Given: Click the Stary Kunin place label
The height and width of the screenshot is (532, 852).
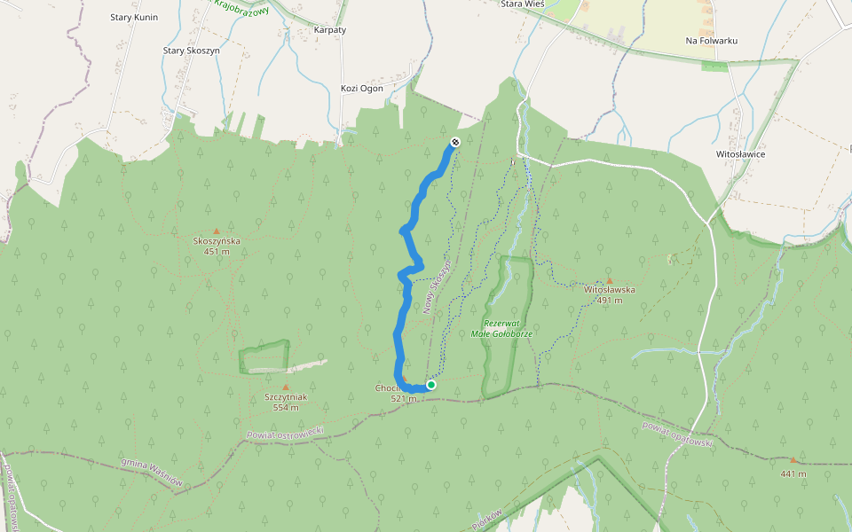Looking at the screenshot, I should (x=132, y=17).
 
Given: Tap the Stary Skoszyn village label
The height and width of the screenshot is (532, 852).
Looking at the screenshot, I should (x=191, y=51).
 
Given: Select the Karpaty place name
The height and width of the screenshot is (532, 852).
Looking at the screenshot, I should (x=330, y=29).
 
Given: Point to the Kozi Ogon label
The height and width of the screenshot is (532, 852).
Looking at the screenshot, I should (x=361, y=88).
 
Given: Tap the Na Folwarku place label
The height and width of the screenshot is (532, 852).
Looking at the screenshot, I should (x=712, y=41).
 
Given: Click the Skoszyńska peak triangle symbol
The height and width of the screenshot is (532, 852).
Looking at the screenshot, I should (x=216, y=231).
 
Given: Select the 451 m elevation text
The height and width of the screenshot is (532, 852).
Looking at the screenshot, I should (x=217, y=251).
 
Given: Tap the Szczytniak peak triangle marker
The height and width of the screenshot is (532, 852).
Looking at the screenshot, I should (x=286, y=387).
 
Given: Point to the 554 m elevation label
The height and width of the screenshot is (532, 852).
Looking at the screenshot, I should (x=286, y=408).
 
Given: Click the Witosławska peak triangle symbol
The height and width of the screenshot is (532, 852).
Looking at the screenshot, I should (x=609, y=279).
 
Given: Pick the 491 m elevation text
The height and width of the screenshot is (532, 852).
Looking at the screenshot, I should (x=609, y=300).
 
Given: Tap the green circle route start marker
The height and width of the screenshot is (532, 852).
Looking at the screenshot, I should (x=431, y=385).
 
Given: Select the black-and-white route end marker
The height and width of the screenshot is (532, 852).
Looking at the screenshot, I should (x=455, y=142).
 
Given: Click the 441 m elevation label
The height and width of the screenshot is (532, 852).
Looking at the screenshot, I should (x=793, y=473).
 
